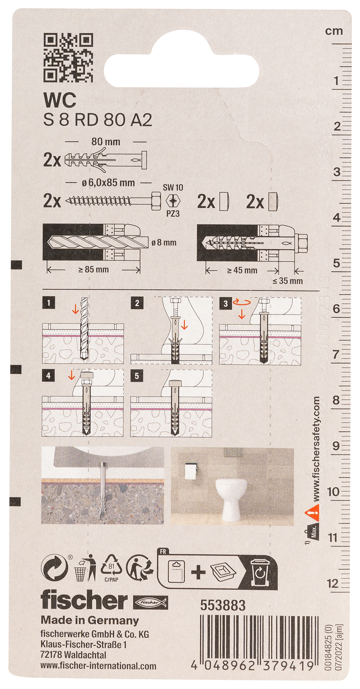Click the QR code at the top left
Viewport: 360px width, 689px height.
click(68, 58)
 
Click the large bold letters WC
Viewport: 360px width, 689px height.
click(60, 100)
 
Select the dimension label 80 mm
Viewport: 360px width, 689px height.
click(106, 141)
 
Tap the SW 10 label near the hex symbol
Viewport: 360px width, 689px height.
click(173, 188)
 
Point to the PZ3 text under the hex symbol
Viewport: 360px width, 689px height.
click(173, 213)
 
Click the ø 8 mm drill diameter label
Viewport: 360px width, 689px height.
click(164, 243)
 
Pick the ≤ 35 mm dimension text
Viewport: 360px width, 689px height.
click(288, 281)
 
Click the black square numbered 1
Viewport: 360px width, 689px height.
click(49, 303)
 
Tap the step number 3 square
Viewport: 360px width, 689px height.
click(225, 304)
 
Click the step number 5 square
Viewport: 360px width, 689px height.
click(137, 376)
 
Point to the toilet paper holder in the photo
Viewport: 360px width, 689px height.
click(191, 471)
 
